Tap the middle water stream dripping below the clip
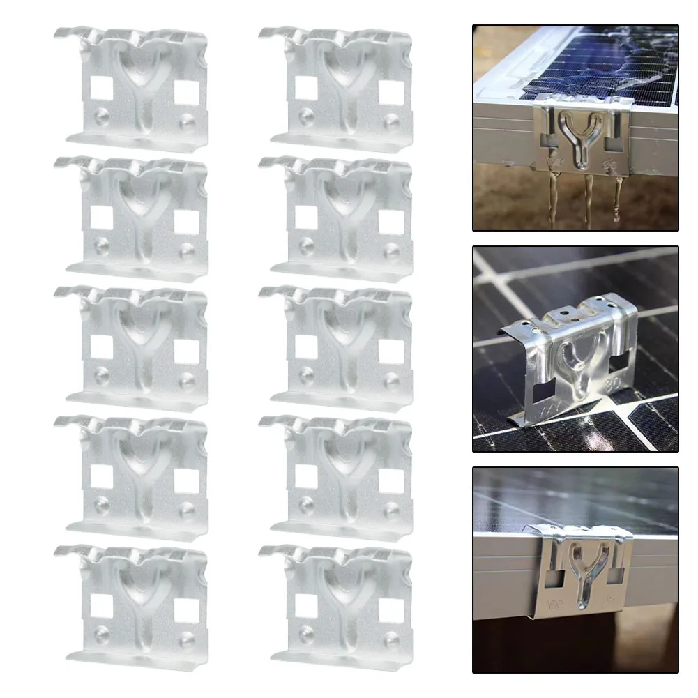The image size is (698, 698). [587, 199]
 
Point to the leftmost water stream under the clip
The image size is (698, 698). [552, 199]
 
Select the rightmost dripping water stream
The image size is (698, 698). [617, 195]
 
